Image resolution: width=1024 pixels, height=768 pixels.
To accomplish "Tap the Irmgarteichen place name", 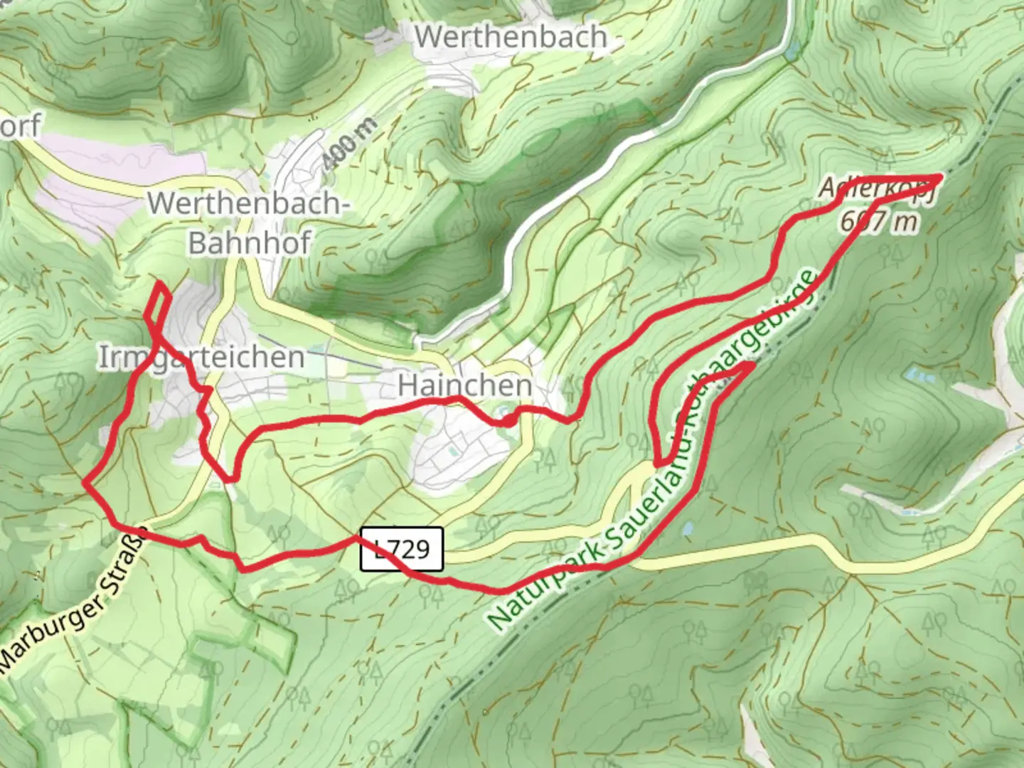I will (201, 357).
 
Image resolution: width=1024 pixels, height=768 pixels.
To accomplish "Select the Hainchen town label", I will (465, 385).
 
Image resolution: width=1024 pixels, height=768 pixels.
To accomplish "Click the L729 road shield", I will (402, 549).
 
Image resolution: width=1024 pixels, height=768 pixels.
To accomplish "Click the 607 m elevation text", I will (879, 222).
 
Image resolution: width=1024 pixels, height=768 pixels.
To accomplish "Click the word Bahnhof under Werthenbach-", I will (249, 243).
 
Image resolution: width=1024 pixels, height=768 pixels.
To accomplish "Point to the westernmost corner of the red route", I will (85, 483).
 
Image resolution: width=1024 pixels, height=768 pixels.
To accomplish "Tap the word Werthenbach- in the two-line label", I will (249, 204).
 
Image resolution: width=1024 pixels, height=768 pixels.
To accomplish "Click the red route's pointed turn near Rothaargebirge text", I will (751, 364).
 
